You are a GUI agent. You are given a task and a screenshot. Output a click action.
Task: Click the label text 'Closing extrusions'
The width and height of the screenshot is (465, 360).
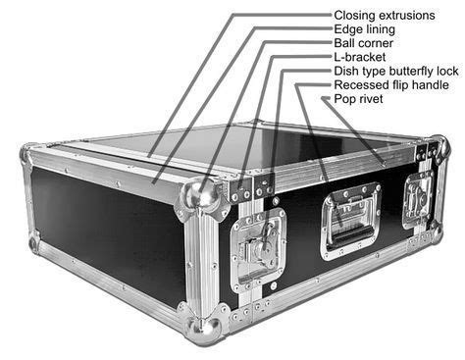(x=387, y=15)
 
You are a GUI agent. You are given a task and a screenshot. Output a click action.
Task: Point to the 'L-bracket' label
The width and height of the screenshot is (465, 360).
(x=360, y=58)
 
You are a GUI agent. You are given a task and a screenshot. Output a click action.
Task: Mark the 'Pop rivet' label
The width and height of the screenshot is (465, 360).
(x=359, y=100)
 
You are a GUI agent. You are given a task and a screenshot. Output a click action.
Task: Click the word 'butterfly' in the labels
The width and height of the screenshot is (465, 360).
(x=409, y=72)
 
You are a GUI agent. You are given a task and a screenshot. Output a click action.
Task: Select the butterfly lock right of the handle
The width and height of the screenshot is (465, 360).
(x=417, y=200)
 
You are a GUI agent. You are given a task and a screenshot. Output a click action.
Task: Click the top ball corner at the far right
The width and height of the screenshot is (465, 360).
(x=440, y=148)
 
